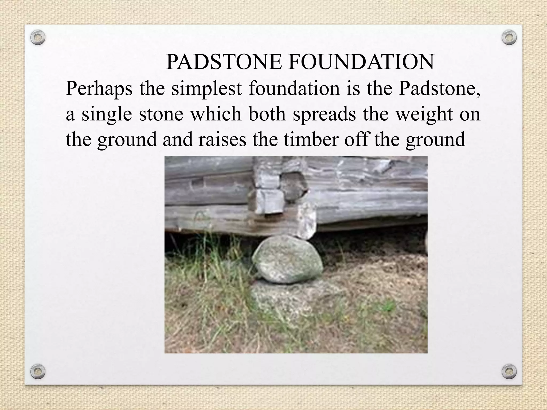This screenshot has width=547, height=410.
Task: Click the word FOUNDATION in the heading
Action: (361, 62)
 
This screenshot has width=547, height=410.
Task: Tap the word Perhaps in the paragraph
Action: (99, 89)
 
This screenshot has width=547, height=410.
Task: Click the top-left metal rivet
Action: (38, 38)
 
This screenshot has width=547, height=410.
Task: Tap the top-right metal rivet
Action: (509, 38)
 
